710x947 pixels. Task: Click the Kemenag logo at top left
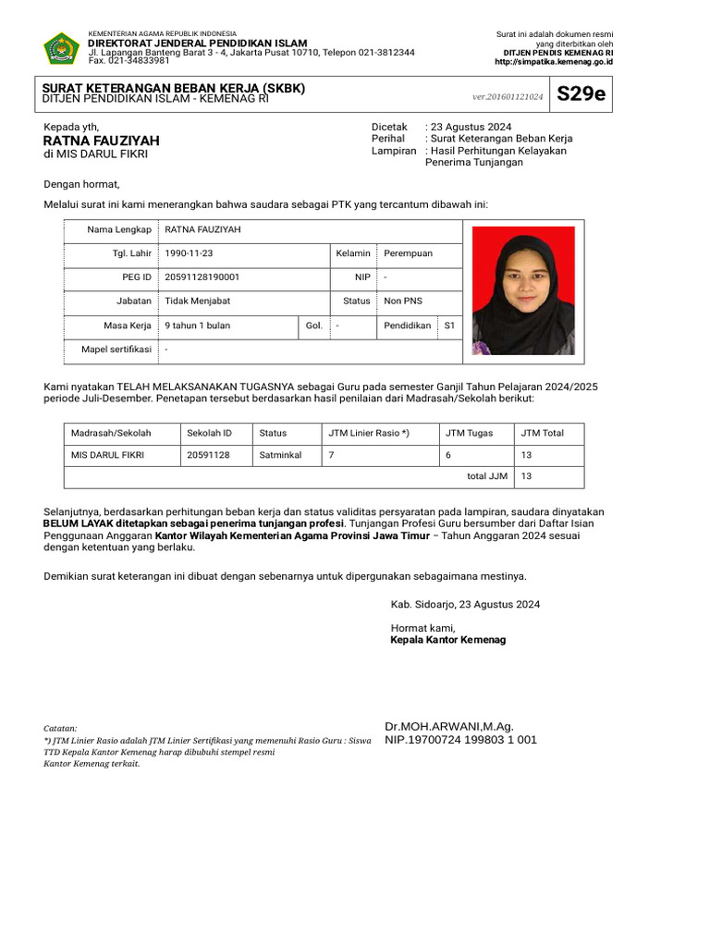click(x=62, y=48)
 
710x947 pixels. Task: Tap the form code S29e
click(x=581, y=94)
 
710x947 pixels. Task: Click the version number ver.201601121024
click(x=508, y=96)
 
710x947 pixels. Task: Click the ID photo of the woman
click(x=523, y=290)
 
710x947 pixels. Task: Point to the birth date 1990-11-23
click(x=190, y=252)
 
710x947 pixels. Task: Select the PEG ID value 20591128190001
click(x=202, y=277)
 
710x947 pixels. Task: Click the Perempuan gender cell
click(x=408, y=252)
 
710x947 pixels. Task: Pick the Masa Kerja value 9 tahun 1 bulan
click(x=197, y=326)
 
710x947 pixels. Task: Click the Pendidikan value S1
click(x=449, y=326)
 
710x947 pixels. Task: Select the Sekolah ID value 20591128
click(x=208, y=455)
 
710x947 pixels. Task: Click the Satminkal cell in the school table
click(x=280, y=455)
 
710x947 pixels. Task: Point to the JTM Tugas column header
click(x=469, y=432)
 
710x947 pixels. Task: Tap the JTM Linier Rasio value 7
click(x=331, y=455)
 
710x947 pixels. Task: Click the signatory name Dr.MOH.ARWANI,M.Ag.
click(x=448, y=726)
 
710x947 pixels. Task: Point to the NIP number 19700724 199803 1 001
click(x=460, y=740)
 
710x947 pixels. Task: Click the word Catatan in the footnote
click(x=60, y=729)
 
